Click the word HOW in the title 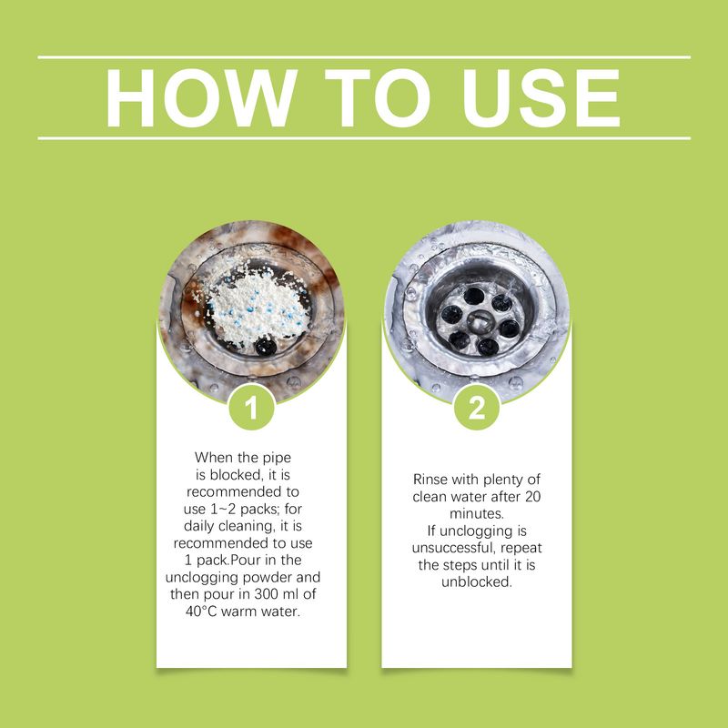click(201, 98)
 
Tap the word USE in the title click(541, 98)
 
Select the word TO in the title click(378, 98)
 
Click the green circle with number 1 click(251, 408)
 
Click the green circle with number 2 click(477, 408)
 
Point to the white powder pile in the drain click(256, 304)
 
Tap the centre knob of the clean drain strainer click(480, 321)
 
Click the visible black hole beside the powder click(266, 346)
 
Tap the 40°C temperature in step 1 click(201, 612)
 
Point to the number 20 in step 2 click(533, 497)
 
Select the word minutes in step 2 click(475, 513)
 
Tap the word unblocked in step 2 click(475, 582)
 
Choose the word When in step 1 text click(214, 458)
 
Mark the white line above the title click(364, 57)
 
